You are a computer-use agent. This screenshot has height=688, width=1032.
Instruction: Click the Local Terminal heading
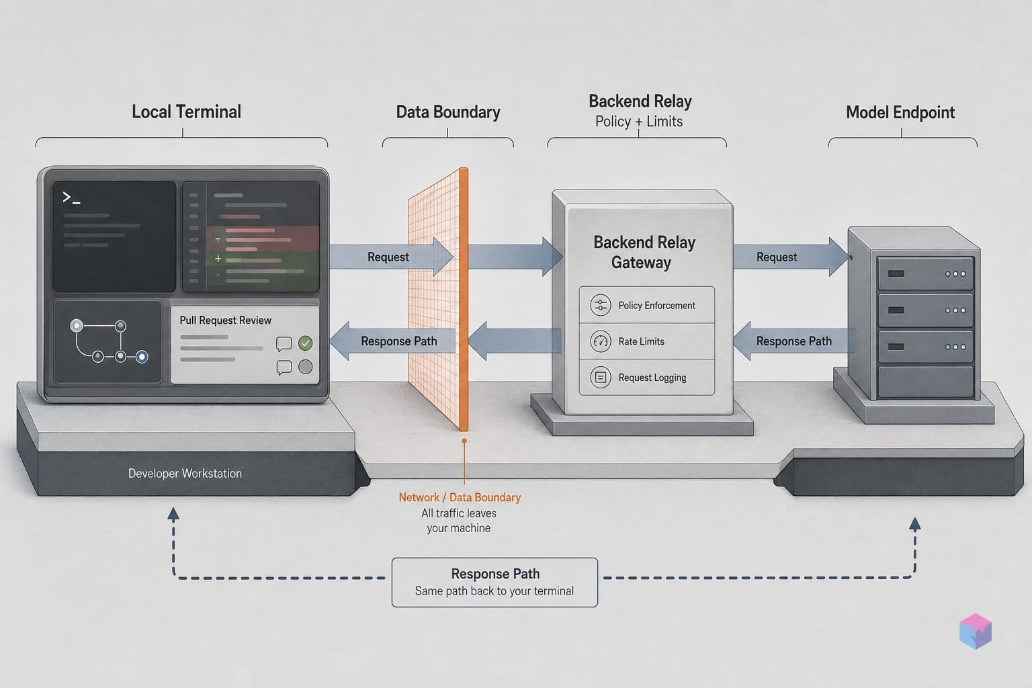coord(186,112)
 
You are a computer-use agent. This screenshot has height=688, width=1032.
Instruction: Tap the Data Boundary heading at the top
coord(448,112)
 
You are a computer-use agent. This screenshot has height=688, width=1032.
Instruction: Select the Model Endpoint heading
coord(900,112)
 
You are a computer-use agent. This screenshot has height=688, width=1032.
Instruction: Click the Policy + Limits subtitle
coord(638,122)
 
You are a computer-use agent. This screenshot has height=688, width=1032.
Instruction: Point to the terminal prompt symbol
coord(71,198)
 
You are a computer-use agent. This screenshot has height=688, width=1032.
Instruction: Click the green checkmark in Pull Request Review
coord(305,343)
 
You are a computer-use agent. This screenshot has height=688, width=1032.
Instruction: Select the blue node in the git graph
coord(142,357)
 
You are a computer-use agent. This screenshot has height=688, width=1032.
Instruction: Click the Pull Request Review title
coord(225,320)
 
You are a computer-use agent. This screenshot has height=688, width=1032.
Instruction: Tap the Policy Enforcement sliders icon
coord(600,305)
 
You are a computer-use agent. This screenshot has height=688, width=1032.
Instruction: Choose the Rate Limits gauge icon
coord(600,341)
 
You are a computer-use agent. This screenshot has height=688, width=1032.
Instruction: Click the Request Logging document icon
coord(600,378)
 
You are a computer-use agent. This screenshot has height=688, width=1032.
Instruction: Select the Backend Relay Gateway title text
coord(644,252)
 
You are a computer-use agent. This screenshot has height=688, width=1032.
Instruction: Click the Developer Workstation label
coord(185,473)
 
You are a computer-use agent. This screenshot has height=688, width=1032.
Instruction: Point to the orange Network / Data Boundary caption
coord(460,498)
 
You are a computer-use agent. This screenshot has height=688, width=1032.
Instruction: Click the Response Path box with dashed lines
coord(494,582)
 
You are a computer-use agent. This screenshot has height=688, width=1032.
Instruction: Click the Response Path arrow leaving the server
coord(793,341)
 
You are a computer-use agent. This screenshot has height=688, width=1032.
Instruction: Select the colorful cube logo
coord(976,631)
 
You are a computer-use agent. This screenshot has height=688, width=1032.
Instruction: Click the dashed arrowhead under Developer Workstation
coord(173,514)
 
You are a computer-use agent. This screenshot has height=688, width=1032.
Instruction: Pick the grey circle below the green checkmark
coord(305,367)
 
